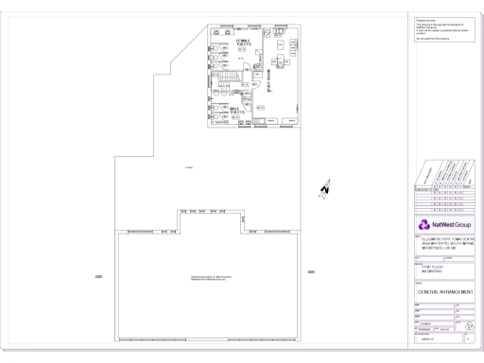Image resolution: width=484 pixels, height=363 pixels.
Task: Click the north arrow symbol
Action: click(x=323, y=189)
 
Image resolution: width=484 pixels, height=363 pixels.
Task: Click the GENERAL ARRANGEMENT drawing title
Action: click(x=444, y=292)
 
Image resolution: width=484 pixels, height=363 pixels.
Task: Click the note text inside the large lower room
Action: click(x=210, y=276)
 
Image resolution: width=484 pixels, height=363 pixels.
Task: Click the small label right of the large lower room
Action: click(x=313, y=273)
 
